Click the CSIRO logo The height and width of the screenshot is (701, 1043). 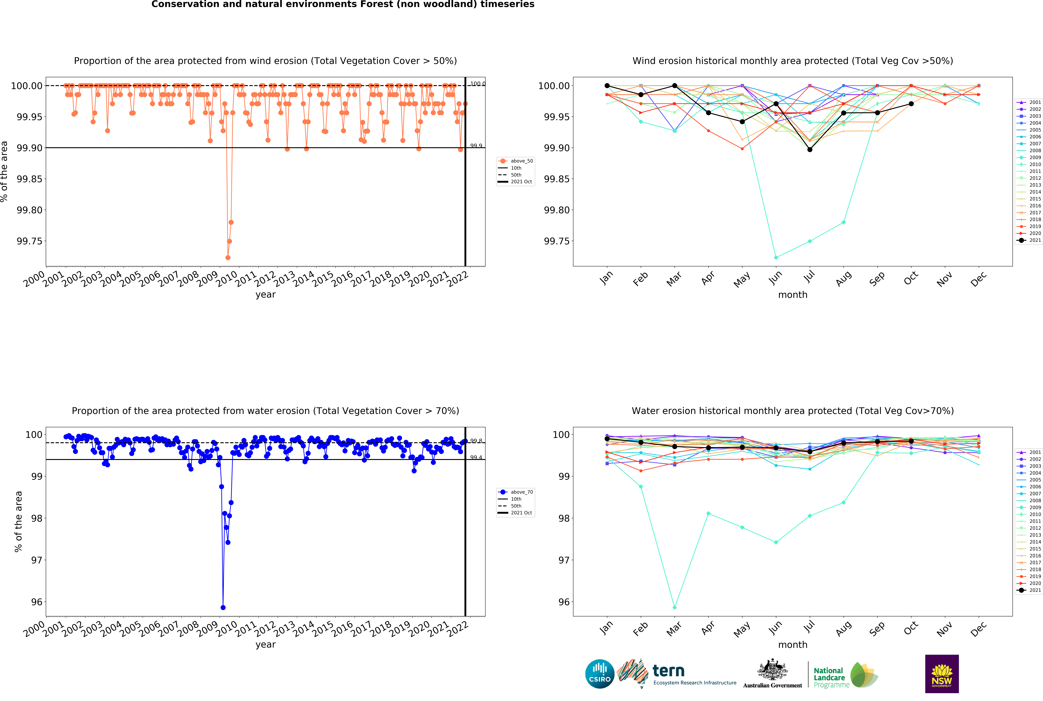600,674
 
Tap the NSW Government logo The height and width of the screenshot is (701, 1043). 942,674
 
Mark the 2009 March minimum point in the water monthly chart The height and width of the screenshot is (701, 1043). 675,608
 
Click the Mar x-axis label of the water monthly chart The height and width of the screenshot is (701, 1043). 674,629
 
